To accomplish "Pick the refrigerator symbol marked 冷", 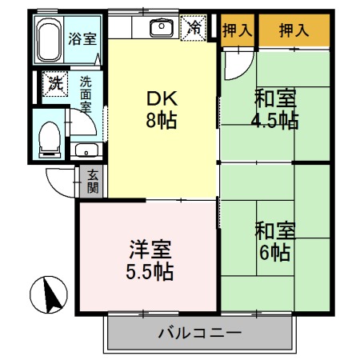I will click(194, 26).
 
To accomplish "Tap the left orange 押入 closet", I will click(236, 31).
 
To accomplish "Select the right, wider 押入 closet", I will click(293, 31).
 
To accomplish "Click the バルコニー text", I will click(199, 332).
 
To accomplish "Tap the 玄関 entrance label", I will click(93, 182).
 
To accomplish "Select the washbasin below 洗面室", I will click(85, 150).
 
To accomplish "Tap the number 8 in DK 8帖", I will click(151, 122).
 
